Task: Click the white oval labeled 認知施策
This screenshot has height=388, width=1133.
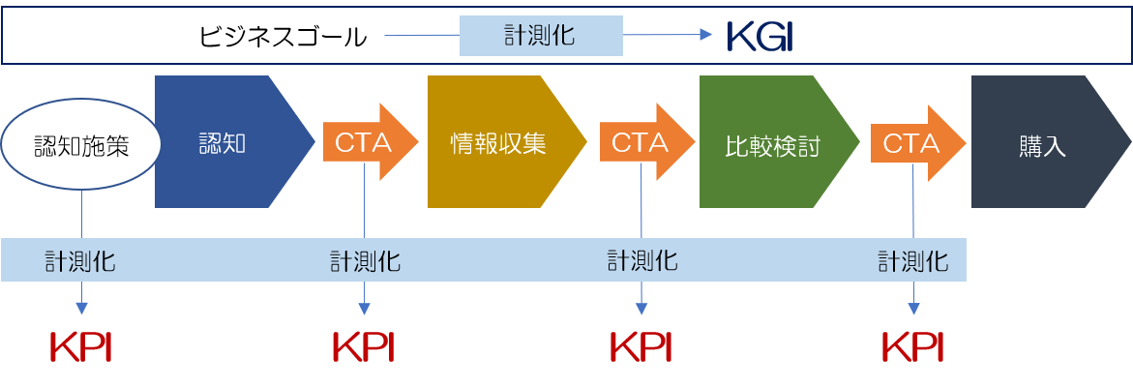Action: point(81,146)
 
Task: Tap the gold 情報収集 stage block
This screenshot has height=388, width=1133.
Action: point(499,143)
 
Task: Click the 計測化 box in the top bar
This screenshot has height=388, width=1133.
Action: point(540,37)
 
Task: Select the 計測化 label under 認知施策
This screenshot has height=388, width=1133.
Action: point(80,261)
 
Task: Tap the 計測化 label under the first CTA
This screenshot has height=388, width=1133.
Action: point(365,261)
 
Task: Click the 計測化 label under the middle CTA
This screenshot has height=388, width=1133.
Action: point(641,260)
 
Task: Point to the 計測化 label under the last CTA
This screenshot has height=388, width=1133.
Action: point(913,261)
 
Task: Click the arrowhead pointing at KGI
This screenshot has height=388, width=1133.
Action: point(706,37)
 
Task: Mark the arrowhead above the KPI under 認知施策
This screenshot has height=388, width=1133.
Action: point(81,309)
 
